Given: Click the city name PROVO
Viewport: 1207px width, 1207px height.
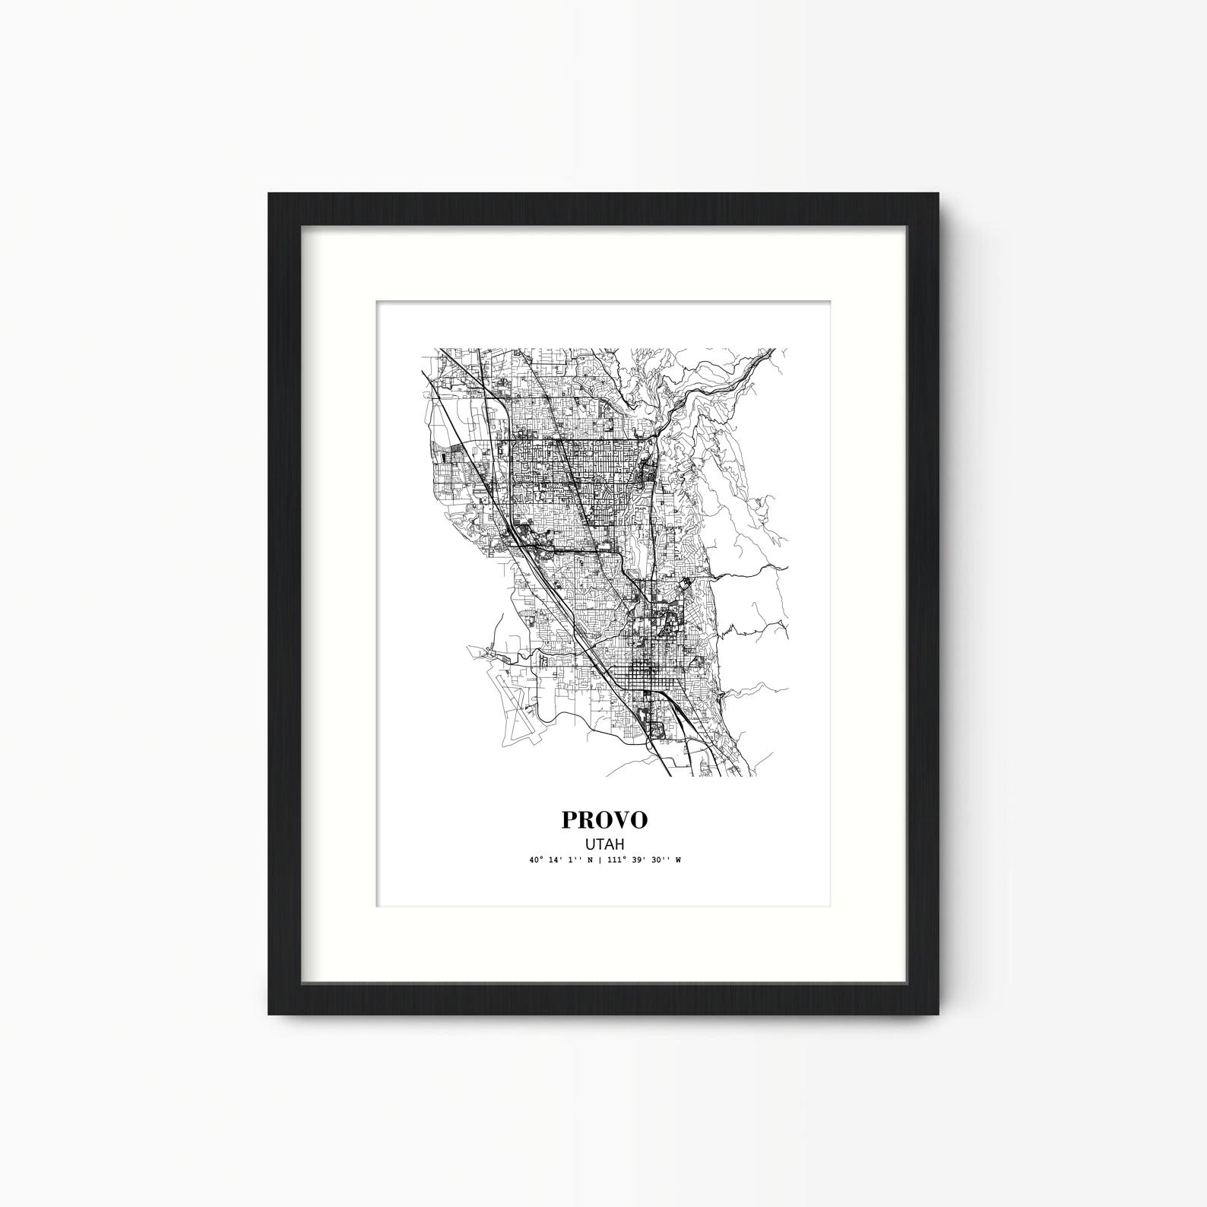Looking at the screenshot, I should pos(604,819).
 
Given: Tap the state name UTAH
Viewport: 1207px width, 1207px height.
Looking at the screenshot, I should pos(604,843).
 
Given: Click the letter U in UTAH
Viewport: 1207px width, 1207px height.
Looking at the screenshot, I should pos(590,843).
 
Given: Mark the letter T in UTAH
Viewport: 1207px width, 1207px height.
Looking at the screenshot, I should pos(600,843).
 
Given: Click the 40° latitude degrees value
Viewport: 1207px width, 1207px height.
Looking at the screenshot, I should pos(537,860).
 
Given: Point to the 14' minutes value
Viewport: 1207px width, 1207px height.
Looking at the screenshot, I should pos(556,860).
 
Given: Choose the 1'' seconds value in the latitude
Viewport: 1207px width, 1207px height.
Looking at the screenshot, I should pos(574,860).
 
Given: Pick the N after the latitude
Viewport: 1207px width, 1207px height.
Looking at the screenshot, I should pos(590,860).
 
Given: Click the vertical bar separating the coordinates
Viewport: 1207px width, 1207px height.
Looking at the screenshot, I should pos(600,860).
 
